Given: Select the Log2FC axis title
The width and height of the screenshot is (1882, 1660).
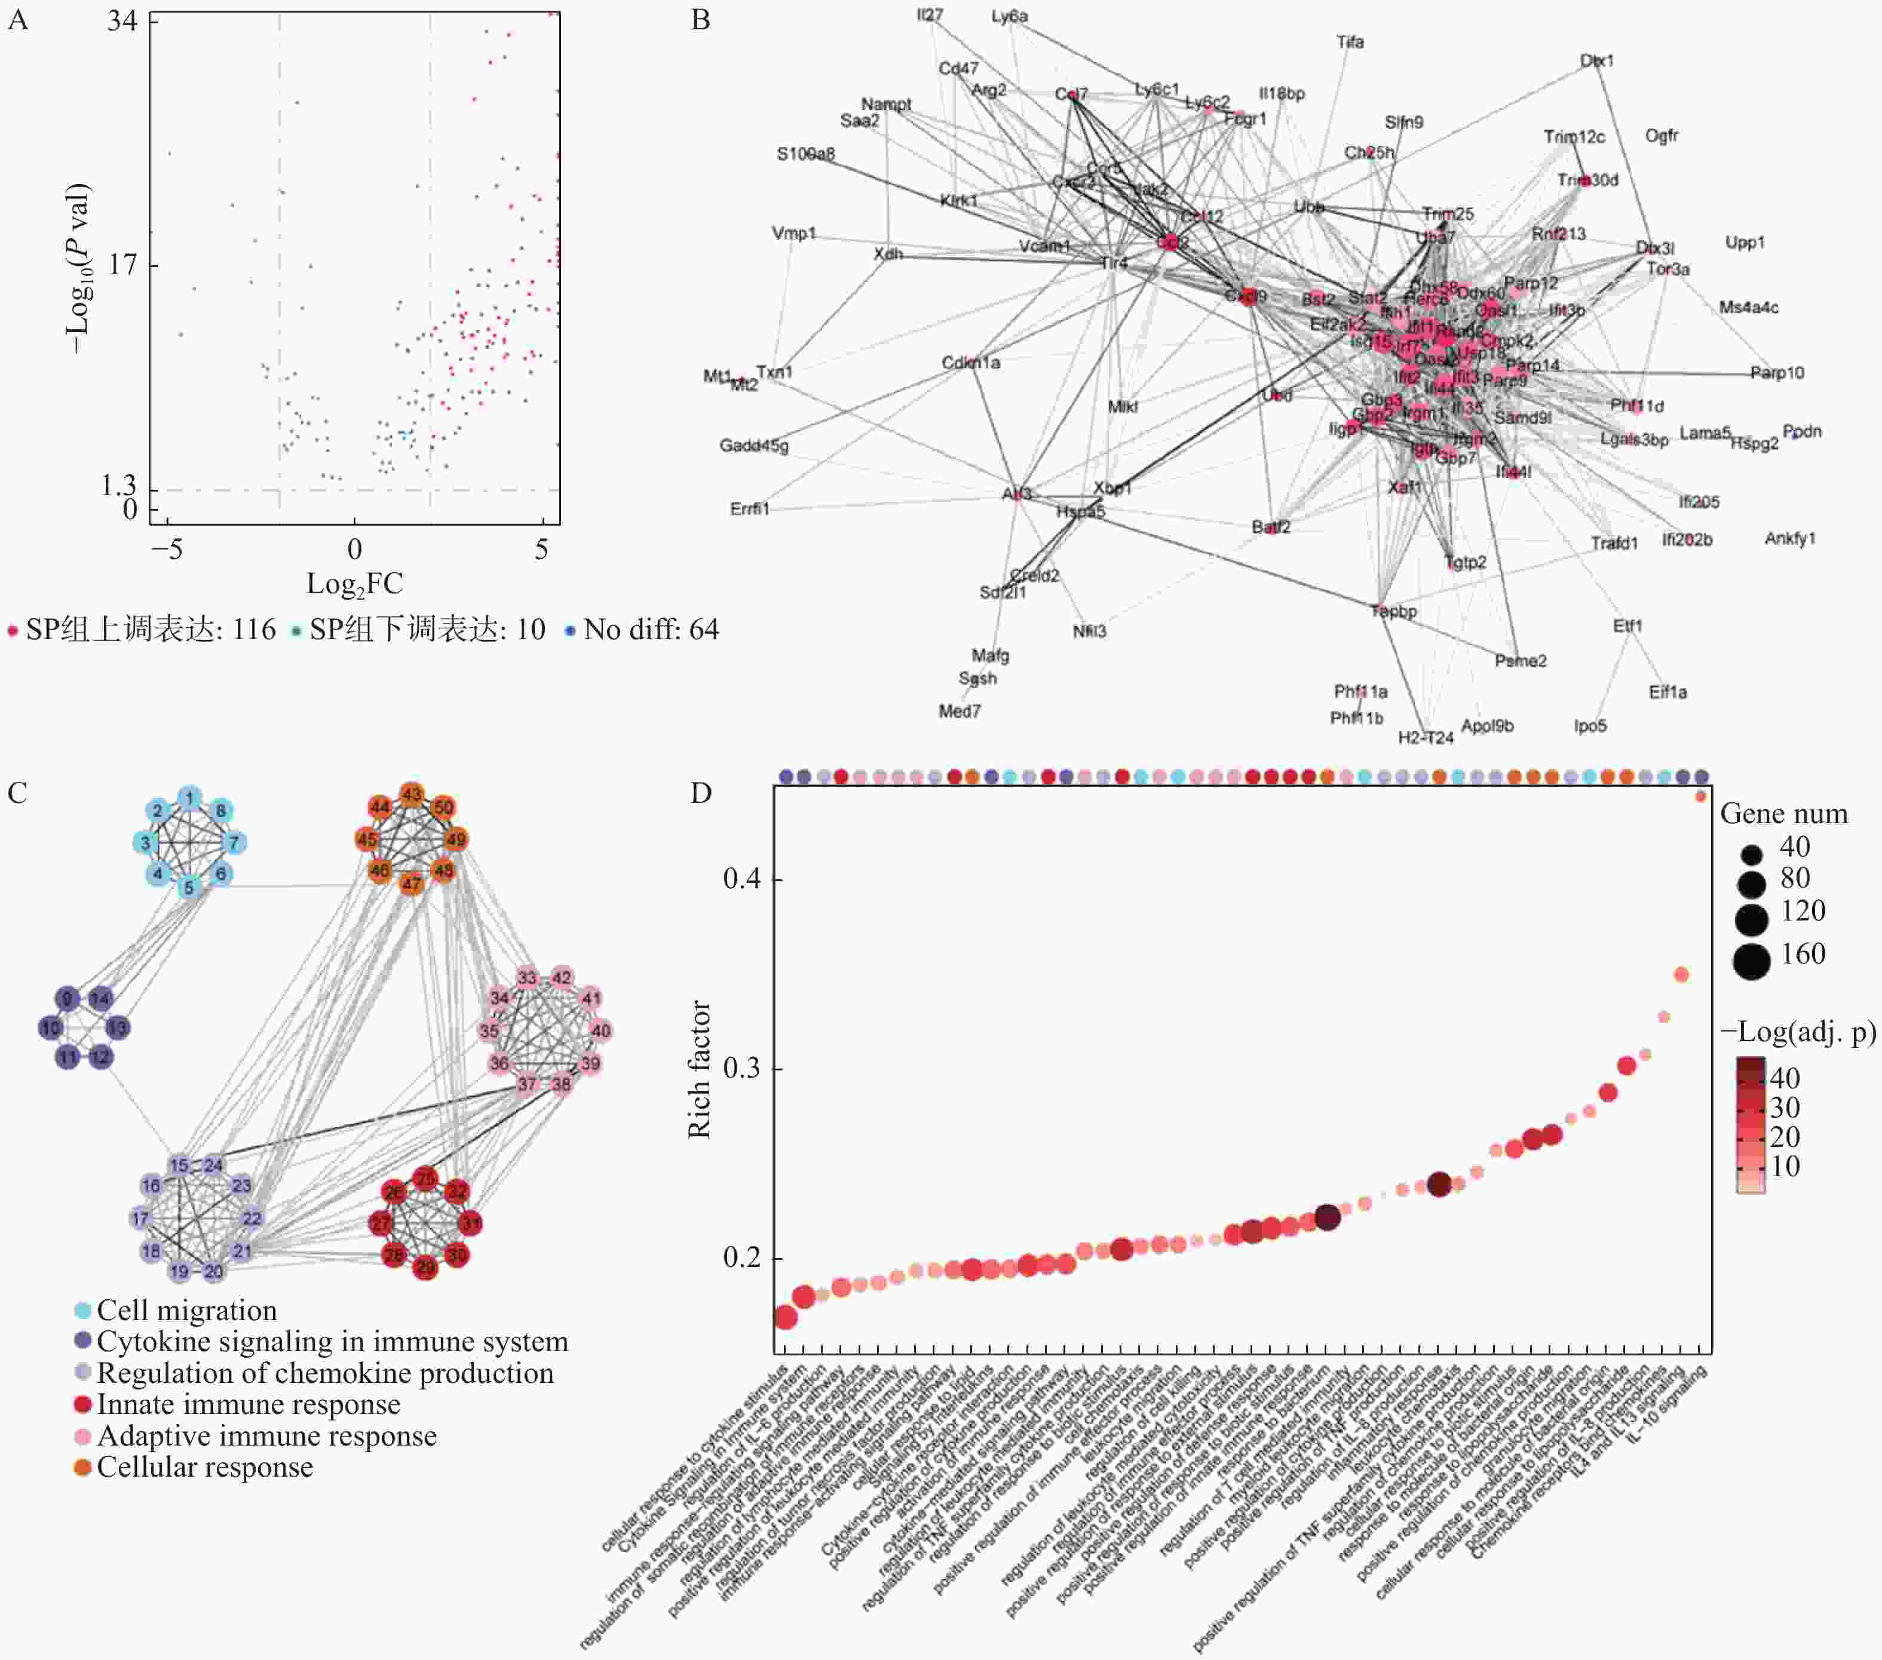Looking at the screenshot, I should [x=354, y=584].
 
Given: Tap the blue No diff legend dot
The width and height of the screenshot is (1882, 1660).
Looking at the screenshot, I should [x=570, y=631].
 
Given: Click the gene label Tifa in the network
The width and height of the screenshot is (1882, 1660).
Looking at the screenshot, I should [x=1350, y=42].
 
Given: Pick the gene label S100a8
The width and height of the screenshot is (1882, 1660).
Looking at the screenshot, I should [x=805, y=154].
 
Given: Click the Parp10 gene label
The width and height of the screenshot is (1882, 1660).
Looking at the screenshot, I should [x=1777, y=373].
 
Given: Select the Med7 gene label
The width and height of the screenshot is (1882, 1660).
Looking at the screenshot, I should [x=960, y=711].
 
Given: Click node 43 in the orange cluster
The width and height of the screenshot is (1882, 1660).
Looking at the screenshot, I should [x=412, y=794].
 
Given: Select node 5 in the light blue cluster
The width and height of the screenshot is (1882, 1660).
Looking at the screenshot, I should [x=189, y=888].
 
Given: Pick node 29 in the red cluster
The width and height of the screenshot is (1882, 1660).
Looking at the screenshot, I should [x=425, y=1268].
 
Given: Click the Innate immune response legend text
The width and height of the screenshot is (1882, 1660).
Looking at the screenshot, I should [x=249, y=1405].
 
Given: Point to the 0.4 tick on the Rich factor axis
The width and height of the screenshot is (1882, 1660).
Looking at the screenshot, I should [x=741, y=879].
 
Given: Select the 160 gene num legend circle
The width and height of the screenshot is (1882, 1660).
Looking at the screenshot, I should [x=1751, y=961].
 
